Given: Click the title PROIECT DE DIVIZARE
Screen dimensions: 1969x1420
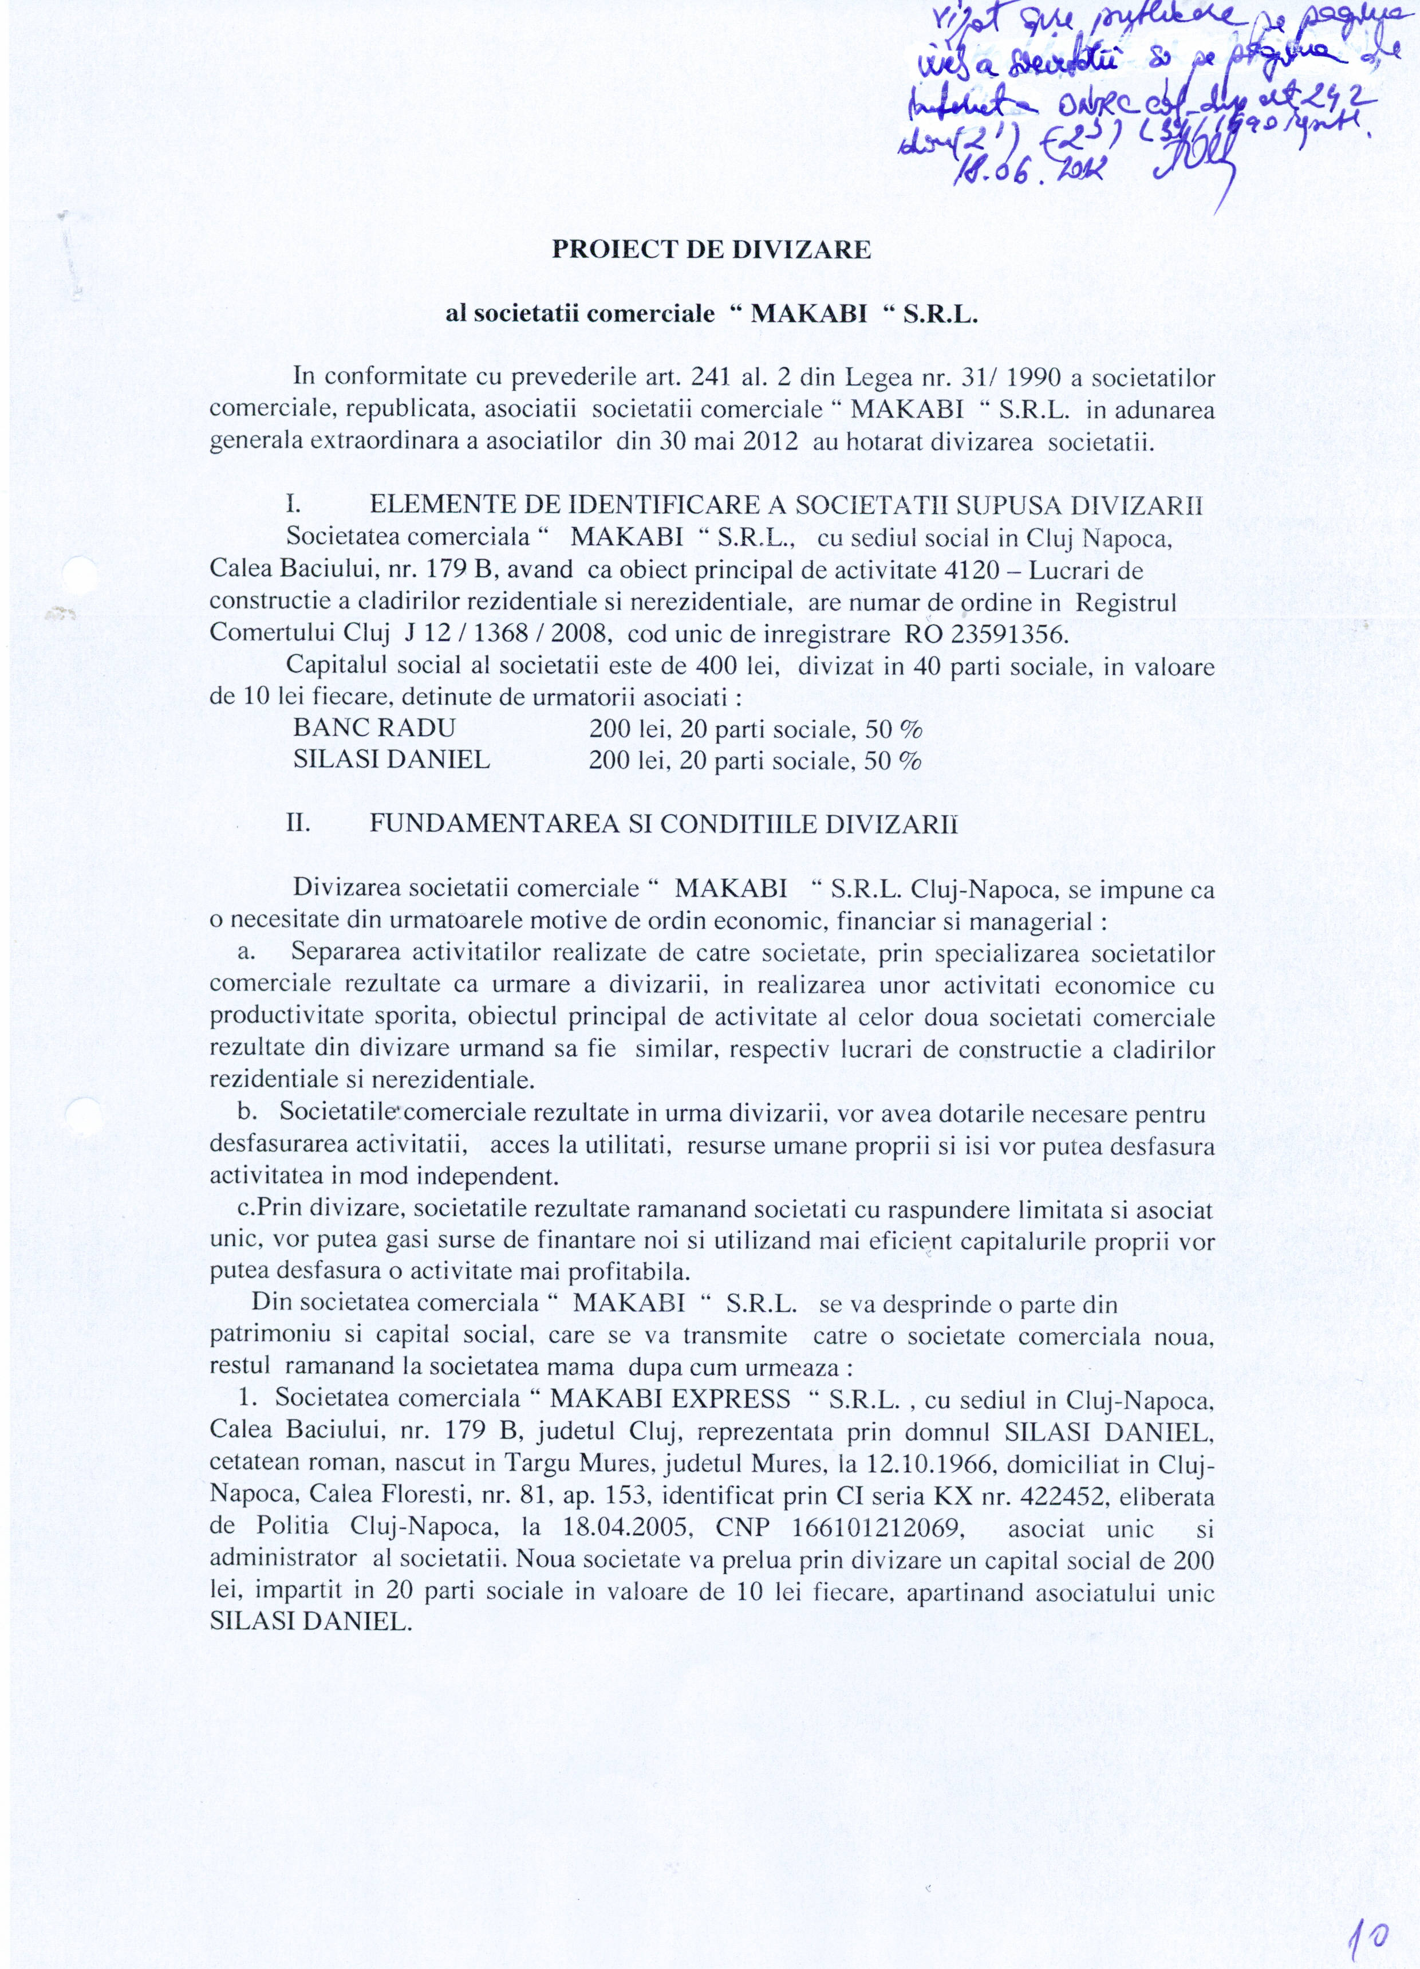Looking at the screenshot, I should pos(711,251).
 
